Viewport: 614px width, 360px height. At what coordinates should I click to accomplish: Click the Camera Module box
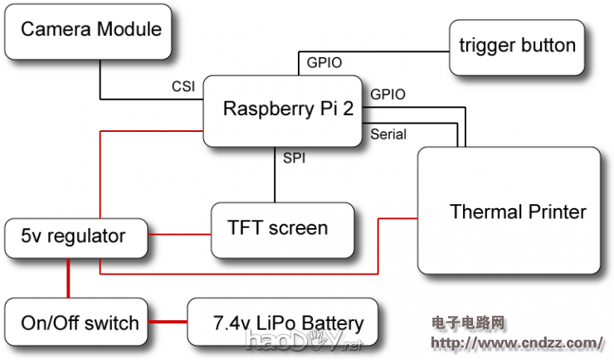point(90,32)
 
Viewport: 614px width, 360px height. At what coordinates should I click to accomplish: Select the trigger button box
point(517,45)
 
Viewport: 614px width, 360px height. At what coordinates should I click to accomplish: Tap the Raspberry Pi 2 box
point(283,110)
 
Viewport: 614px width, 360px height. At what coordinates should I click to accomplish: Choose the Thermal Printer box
point(509,211)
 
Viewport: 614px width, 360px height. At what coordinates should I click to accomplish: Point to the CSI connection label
point(183,85)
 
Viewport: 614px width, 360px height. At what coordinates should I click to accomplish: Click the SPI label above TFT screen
point(294,157)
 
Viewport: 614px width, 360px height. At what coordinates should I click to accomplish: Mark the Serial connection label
point(388,134)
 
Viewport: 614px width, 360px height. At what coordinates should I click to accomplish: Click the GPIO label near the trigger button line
point(324,62)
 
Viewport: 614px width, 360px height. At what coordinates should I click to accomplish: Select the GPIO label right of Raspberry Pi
point(387,95)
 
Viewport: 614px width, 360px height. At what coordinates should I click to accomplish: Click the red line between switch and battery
point(168,322)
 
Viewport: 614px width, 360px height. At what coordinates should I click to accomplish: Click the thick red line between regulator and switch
point(69,280)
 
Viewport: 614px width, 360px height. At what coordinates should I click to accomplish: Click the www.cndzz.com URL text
point(517,343)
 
